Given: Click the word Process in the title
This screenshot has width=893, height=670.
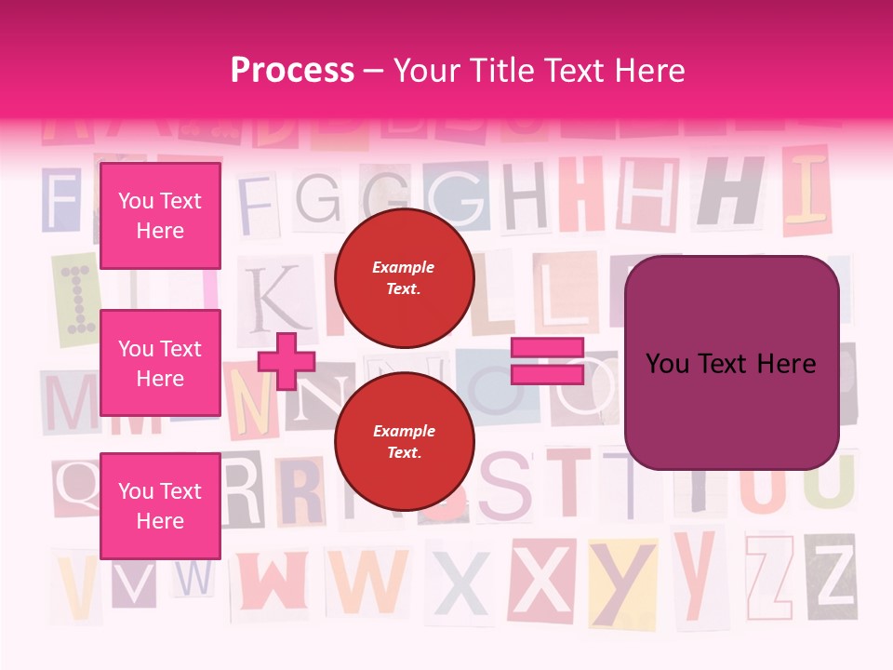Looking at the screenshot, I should click(292, 71).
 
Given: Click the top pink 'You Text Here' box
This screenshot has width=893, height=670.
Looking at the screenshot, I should click(160, 216).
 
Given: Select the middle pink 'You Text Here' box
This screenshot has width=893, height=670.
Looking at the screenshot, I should click(160, 363).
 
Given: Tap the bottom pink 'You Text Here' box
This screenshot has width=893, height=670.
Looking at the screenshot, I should click(160, 505).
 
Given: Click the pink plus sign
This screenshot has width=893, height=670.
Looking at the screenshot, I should click(287, 361).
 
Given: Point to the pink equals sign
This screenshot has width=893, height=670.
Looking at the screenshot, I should click(547, 361).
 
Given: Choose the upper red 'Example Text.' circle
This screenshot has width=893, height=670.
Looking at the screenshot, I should click(404, 277).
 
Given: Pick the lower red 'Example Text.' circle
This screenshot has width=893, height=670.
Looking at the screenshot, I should click(404, 441).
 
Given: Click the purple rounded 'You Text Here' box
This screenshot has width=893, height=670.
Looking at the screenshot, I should click(731, 363).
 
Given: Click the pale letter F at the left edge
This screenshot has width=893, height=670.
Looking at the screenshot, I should click(61, 199).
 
